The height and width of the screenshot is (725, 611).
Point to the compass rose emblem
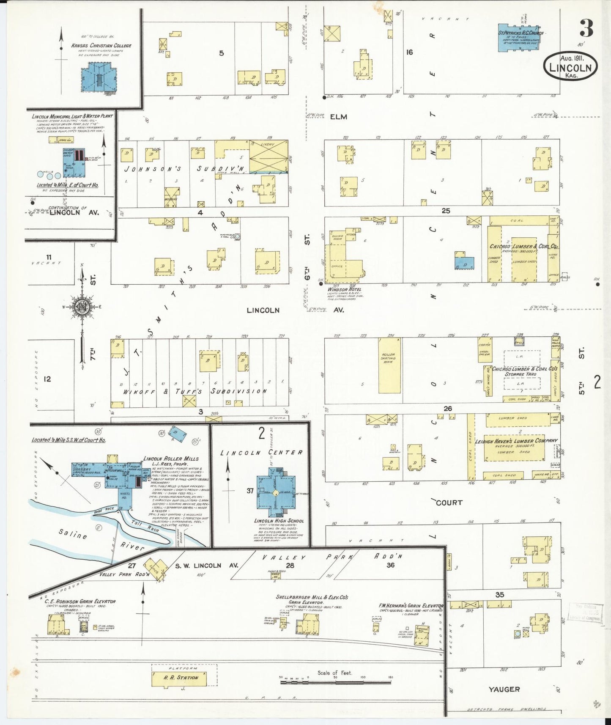[x=82, y=307]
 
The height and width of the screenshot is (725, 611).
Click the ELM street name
[x=339, y=117]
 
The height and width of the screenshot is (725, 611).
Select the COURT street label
[x=449, y=503]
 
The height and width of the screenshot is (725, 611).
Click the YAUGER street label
[x=504, y=689]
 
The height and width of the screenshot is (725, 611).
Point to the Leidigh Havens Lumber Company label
[x=516, y=441]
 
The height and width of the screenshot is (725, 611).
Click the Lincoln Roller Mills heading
[x=170, y=459]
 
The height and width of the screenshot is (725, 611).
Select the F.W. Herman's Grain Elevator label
[x=411, y=606]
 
